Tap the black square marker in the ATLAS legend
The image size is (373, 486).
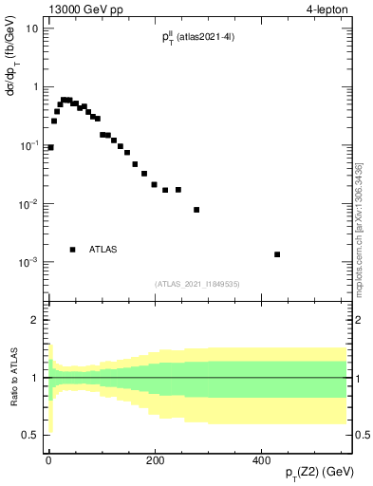point(72,250)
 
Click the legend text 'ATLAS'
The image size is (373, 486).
point(103,250)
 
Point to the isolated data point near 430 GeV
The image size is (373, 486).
point(277,254)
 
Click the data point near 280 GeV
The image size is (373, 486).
point(196,210)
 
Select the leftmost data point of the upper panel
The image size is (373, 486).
point(50,147)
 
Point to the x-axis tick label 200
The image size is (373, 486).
point(155,459)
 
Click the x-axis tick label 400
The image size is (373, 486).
point(261,459)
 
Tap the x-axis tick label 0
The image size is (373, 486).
point(48,459)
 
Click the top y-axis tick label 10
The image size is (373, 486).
point(32,28)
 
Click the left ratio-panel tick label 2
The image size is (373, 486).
point(36,320)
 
